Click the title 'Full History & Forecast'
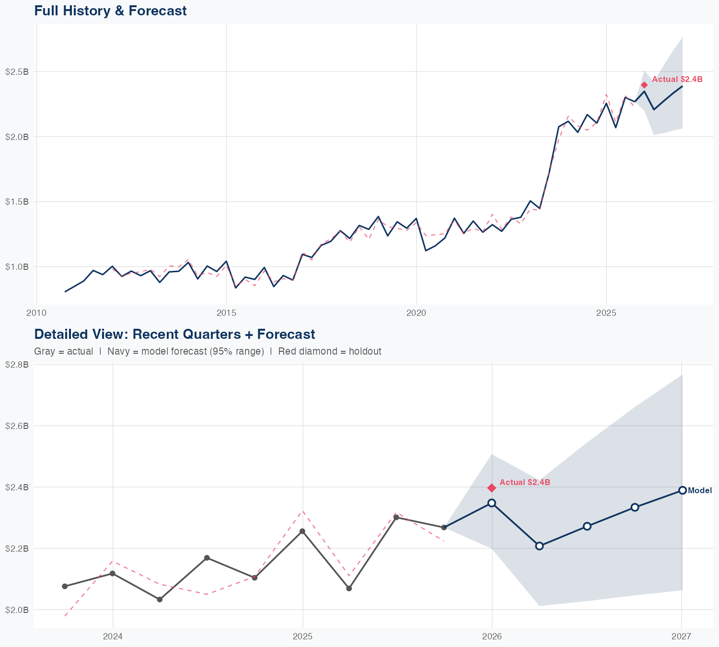click(110, 11)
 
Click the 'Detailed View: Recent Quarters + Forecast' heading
click(174, 334)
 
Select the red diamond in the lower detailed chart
click(491, 488)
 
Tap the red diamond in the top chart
click(644, 85)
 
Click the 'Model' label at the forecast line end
click(699, 490)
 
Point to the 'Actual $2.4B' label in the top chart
click(677, 80)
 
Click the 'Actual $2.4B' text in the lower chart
click(524, 482)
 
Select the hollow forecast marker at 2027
click(682, 490)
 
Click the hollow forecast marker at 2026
click(491, 503)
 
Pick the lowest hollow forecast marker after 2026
click(539, 546)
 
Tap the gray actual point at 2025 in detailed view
click(302, 531)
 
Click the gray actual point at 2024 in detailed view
click(113, 573)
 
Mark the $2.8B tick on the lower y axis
click(17, 365)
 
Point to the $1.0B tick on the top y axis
click(17, 266)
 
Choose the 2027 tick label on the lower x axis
click(681, 636)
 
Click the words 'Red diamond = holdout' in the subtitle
click(329, 351)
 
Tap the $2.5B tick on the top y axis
click(17, 72)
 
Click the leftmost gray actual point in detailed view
click(65, 586)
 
